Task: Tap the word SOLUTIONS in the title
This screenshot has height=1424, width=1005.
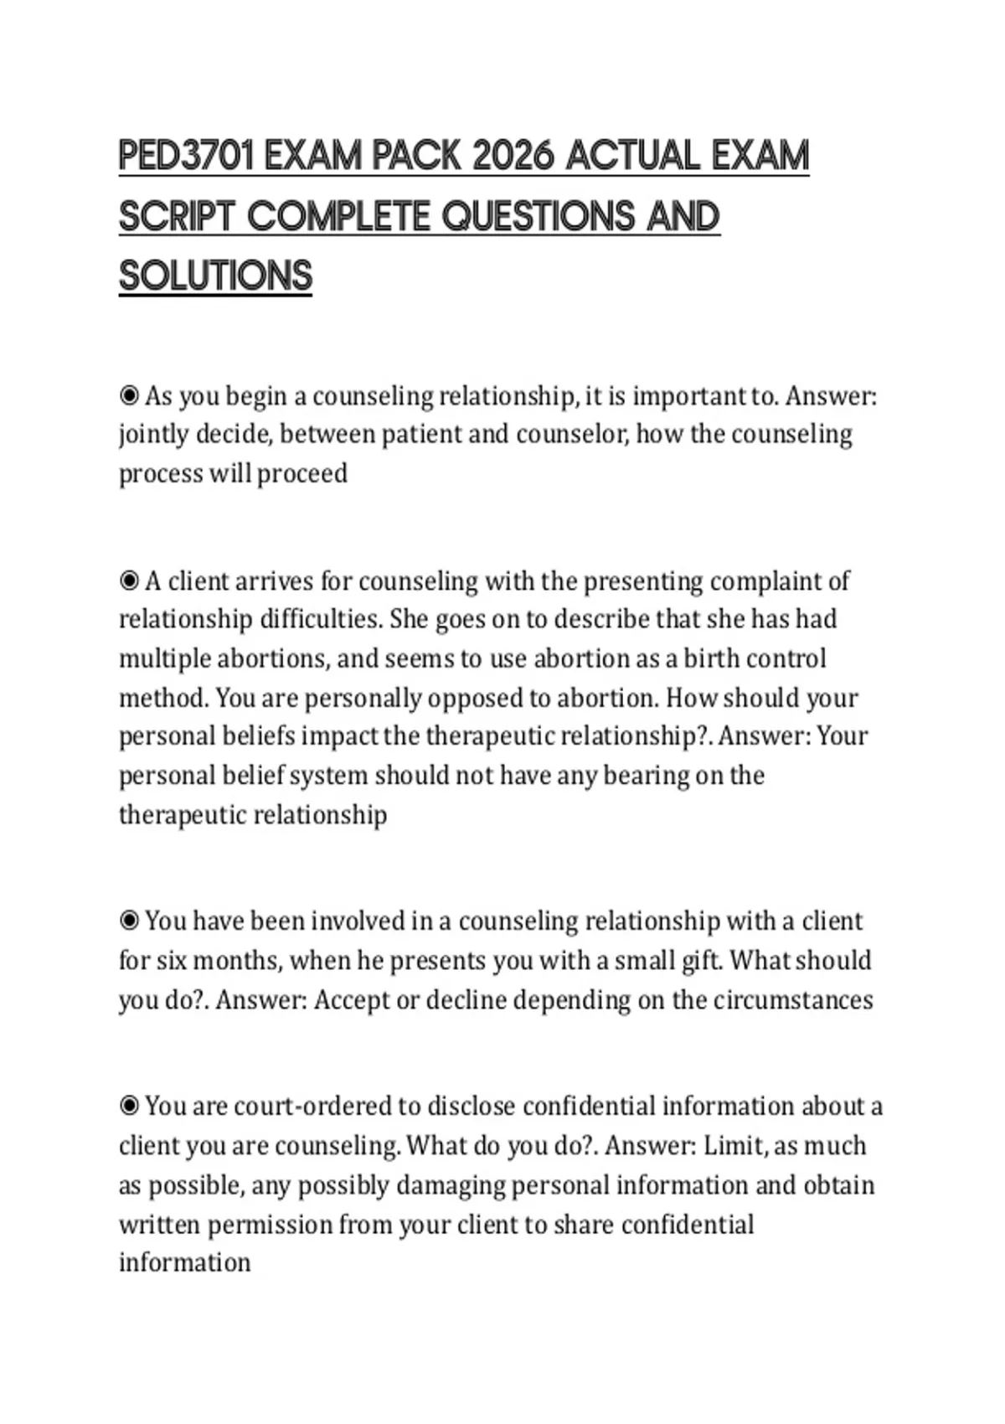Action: pos(215,276)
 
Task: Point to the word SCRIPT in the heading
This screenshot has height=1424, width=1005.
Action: pos(176,216)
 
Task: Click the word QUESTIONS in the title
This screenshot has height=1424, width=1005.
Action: pos(539,216)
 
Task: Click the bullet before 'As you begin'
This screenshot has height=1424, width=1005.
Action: pos(129,395)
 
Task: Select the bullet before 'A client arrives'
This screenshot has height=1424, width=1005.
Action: pos(129,580)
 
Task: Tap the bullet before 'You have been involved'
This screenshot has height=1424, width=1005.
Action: pos(129,921)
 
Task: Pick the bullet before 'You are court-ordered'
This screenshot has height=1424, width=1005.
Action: pos(129,1106)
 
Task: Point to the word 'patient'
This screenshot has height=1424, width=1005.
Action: pos(420,435)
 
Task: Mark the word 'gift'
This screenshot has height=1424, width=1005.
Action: pos(700,960)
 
